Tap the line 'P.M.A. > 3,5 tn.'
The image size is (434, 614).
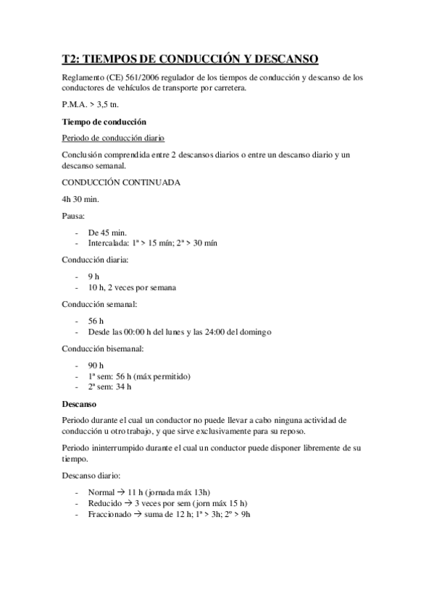point(90,105)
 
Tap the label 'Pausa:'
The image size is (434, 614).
point(75,216)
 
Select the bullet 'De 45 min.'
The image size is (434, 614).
point(107,232)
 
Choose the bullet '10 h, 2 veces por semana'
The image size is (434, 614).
point(132,287)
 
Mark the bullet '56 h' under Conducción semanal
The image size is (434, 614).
point(96,321)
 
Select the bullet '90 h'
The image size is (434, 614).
point(96,365)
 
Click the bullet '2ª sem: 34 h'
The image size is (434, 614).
point(109,387)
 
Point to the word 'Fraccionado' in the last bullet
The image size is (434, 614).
point(109,513)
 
